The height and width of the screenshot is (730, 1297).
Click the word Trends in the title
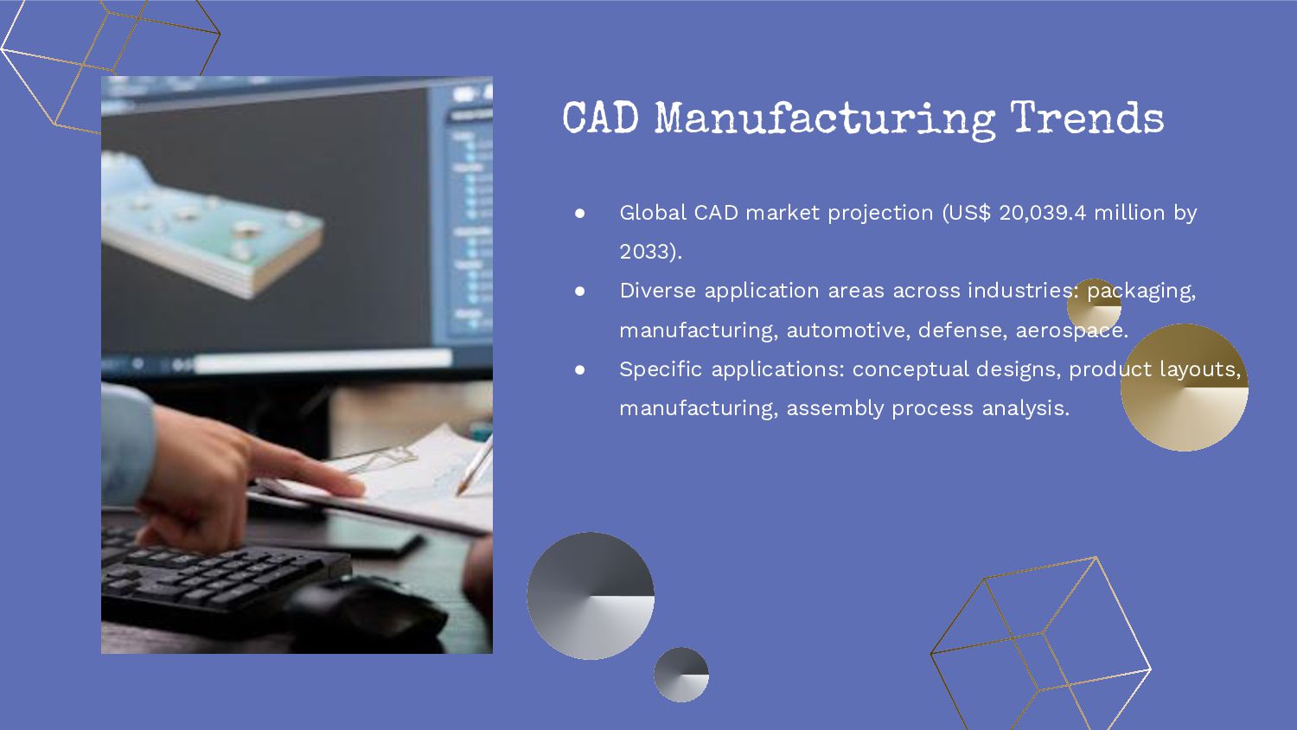pos(1087,118)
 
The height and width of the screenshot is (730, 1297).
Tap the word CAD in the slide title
pos(600,118)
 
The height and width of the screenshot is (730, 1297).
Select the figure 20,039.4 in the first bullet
pos(1042,213)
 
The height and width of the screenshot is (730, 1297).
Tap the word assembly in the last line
pos(834,408)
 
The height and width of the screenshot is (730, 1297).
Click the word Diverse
pos(657,291)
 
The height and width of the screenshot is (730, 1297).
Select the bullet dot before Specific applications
pos(580,369)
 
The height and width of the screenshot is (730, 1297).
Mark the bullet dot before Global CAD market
pos(580,213)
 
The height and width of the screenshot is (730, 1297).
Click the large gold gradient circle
pos(1184,387)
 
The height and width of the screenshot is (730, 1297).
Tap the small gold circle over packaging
pos(1094,305)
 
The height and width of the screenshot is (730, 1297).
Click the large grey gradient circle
pos(591,596)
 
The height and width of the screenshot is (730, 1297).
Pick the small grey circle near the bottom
pos(681,675)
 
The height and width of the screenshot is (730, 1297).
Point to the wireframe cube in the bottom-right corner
pos(1042,644)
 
